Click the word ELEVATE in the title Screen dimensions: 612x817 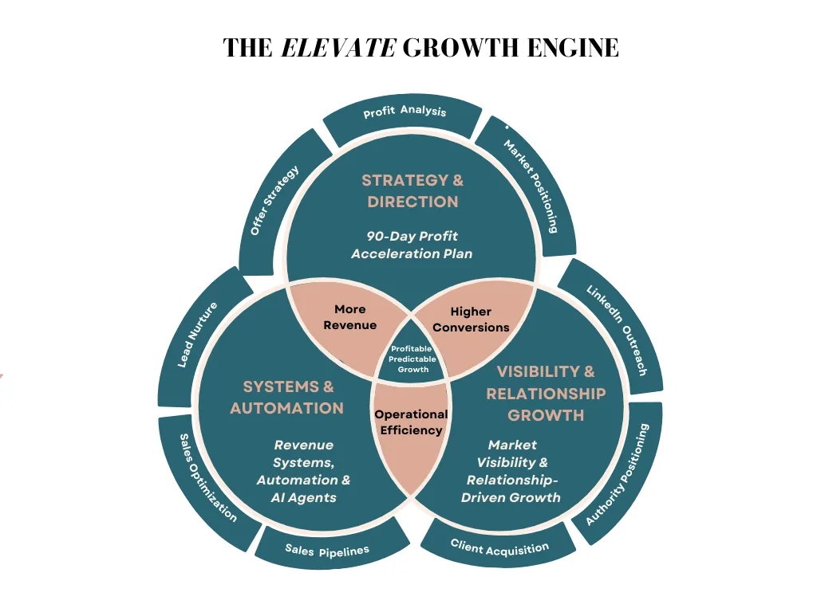pos(338,48)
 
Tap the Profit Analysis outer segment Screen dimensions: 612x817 pos(405,113)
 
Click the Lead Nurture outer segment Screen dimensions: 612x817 pos(198,335)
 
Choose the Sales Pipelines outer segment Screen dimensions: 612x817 pos(327,549)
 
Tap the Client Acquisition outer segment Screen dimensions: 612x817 pos(499,547)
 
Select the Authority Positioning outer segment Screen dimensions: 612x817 pos(618,474)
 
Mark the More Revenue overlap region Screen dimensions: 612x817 pos(350,317)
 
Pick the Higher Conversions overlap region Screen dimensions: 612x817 pos(471,319)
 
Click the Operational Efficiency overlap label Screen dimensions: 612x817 pos(411,422)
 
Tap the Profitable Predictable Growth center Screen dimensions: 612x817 pos(413,359)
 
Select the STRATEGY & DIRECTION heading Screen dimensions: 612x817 pos(412,191)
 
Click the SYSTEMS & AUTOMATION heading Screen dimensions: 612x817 pos(287,398)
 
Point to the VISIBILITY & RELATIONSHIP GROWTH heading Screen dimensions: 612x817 pos(546,393)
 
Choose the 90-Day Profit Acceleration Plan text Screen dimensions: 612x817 pos(412,245)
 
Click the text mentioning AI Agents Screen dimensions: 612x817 pos(302,471)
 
